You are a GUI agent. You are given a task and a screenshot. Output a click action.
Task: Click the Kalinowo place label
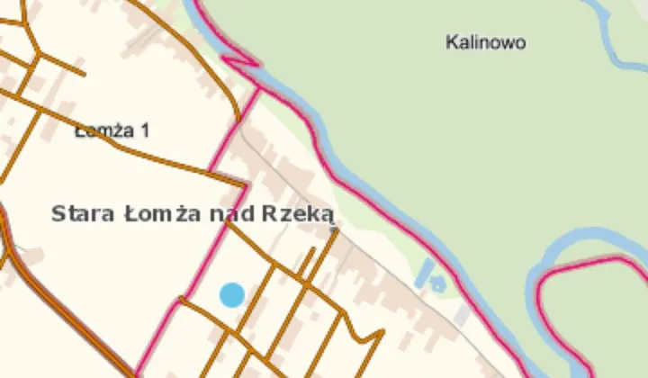pos(485,42)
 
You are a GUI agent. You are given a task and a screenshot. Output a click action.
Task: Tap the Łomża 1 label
pos(112,130)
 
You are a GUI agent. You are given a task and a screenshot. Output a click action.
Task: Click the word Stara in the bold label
pos(81,214)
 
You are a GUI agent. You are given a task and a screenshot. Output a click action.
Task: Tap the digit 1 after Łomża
pos(144,130)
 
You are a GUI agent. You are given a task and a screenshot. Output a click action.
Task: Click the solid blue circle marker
pos(232,294)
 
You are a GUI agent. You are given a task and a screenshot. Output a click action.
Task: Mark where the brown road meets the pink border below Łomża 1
pos(244,186)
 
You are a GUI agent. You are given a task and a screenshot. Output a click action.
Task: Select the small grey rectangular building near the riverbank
pos(462,314)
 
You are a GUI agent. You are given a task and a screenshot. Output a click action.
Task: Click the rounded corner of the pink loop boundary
pos(544,274)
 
